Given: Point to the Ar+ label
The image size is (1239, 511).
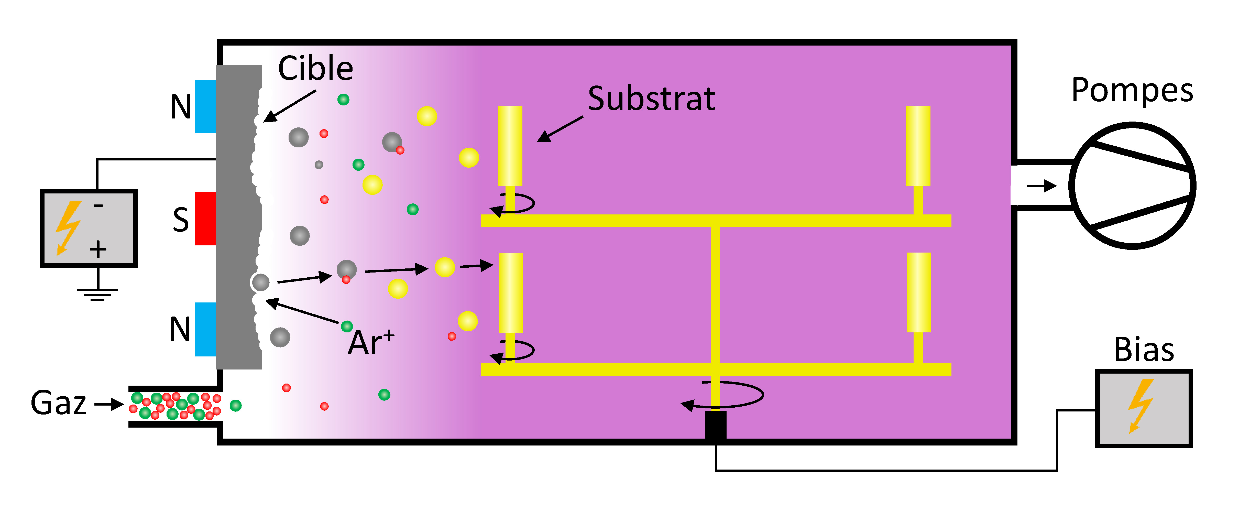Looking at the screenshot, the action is click(x=371, y=342).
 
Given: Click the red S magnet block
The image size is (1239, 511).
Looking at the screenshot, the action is click(x=205, y=219).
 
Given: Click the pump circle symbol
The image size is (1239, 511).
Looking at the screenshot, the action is click(x=1133, y=186).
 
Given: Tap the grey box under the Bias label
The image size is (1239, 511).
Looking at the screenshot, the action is click(x=1144, y=408).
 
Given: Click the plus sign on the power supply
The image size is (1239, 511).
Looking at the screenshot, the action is click(x=98, y=249).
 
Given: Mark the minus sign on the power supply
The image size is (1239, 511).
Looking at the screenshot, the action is click(x=98, y=206).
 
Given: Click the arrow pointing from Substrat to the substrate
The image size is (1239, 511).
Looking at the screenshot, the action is click(x=560, y=129).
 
